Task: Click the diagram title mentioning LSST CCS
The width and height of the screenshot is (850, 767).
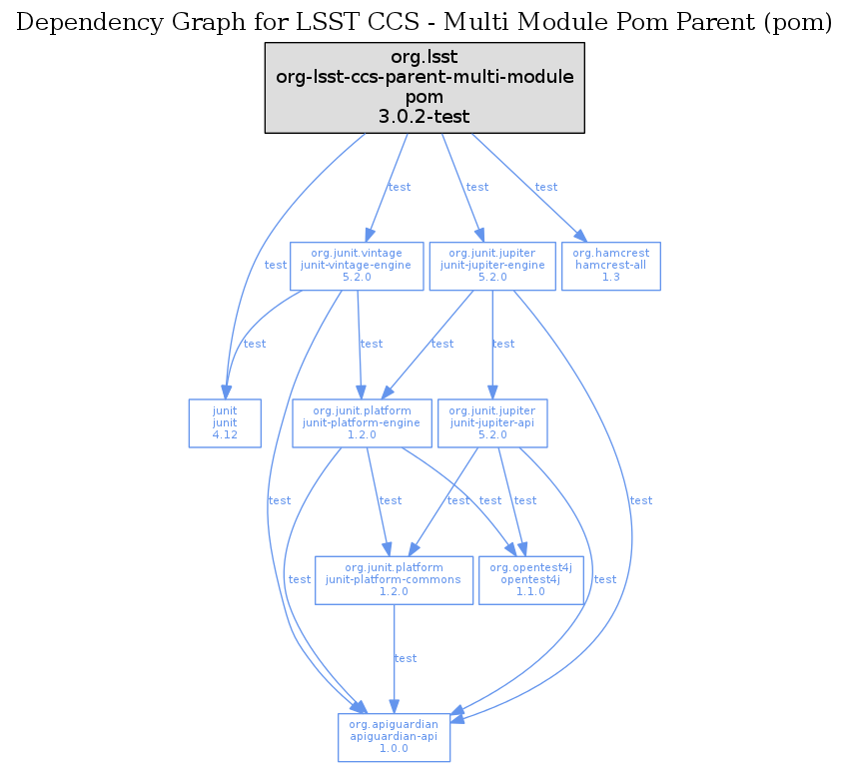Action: click(x=425, y=23)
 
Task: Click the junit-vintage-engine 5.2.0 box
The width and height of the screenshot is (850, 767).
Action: click(x=357, y=266)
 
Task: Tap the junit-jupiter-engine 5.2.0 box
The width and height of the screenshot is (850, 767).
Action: click(x=491, y=266)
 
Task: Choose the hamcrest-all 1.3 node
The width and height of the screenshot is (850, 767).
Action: click(x=611, y=266)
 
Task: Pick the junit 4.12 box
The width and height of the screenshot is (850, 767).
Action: click(x=225, y=422)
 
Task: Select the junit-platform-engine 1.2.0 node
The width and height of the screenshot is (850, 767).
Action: click(x=362, y=422)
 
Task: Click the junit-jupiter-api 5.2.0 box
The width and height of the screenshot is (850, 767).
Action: click(x=492, y=422)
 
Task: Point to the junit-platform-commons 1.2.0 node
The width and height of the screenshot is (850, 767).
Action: click(x=394, y=579)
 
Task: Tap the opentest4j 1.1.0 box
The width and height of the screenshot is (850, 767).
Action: click(x=530, y=579)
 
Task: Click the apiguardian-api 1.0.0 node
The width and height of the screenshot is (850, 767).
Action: click(x=394, y=736)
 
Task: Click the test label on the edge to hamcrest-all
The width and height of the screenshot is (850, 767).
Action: click(x=546, y=187)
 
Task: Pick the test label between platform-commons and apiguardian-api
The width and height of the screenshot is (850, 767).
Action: click(x=406, y=658)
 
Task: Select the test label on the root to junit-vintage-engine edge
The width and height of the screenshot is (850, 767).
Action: click(x=400, y=187)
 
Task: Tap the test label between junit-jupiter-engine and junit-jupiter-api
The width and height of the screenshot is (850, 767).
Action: click(x=503, y=344)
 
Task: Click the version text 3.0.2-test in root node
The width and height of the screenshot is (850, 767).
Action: click(x=424, y=116)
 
